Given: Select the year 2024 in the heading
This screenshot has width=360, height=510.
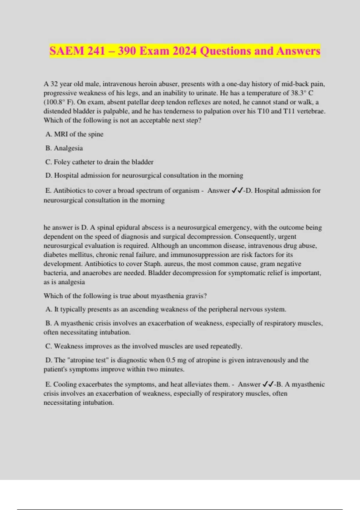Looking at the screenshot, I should [184, 51].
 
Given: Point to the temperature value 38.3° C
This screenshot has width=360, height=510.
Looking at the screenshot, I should [302, 93].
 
